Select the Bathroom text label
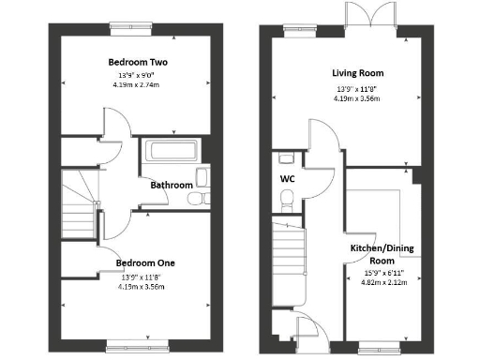172,185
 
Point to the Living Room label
357,72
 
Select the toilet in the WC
287,197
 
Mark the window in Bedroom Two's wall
122,26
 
